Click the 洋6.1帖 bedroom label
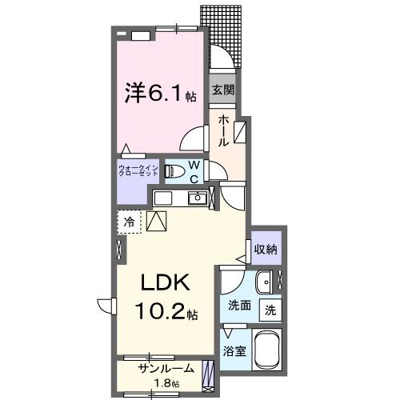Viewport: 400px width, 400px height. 158,94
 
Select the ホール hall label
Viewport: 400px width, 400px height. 222,130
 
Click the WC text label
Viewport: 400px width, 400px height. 194,170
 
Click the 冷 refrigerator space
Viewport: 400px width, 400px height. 129,219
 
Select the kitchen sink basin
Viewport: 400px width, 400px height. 195,198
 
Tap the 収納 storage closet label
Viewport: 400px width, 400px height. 266,250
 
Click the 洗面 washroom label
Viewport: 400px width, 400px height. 238,306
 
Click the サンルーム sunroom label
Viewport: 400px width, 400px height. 165,370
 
